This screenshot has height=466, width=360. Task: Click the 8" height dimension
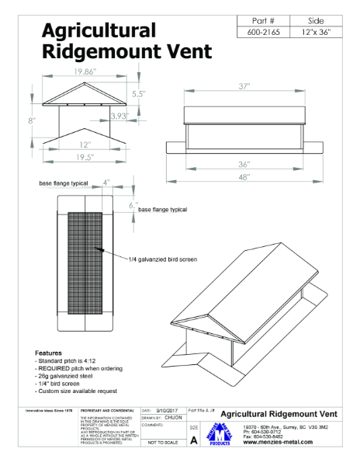coord(33,120)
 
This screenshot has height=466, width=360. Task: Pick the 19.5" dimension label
coord(85,156)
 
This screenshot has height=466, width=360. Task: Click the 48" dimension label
coord(247,178)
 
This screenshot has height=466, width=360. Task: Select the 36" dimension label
coord(247,165)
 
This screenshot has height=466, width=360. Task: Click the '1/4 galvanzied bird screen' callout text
coord(164,259)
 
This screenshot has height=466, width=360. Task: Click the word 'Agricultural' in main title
coord(99,30)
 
